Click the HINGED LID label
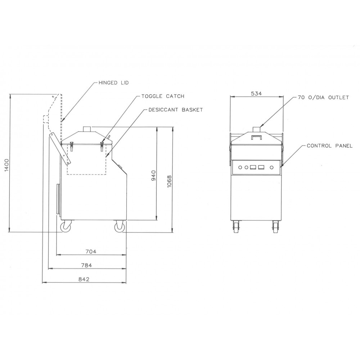pos(113,83)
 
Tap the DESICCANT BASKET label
pos(175,110)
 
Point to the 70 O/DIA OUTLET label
pos(323,98)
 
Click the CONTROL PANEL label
pos(329,146)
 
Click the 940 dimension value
pos(153,175)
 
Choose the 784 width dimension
pos(86,266)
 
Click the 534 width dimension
pos(256,94)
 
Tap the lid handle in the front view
pos(256,137)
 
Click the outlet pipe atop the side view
pos(87,129)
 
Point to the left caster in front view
pos(236,227)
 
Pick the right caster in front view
pos(276,227)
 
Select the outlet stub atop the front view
pos(256,129)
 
